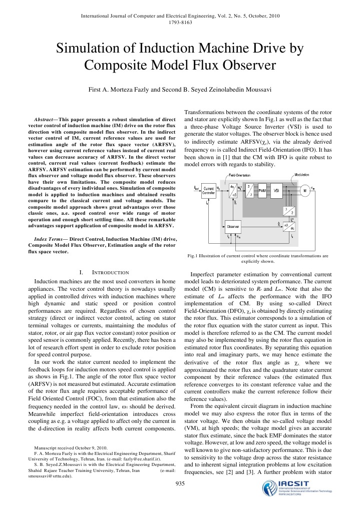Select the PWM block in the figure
tap(261, 191)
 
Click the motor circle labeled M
tap(316, 190)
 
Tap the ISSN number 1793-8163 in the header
tap(180, 22)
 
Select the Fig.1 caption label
tap(191, 256)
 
